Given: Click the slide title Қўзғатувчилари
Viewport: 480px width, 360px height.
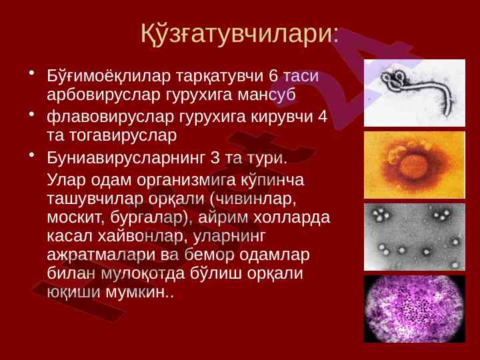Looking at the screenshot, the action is (x=240, y=33).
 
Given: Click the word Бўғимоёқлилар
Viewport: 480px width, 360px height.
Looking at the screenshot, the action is (x=109, y=77).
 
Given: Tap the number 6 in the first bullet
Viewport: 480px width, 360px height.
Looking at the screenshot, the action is (x=273, y=76).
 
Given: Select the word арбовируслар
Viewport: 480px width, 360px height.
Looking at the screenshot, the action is (x=103, y=95).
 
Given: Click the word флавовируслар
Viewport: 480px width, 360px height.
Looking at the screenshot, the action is (x=111, y=117).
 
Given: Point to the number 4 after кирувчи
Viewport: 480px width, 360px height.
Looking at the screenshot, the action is (x=323, y=117).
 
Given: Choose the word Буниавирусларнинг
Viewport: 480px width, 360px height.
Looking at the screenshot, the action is (x=125, y=158).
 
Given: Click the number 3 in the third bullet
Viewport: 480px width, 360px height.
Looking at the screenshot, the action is (x=215, y=158).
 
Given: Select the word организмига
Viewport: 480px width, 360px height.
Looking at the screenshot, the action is (x=186, y=180).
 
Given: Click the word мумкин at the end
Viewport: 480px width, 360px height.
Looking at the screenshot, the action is (x=137, y=293).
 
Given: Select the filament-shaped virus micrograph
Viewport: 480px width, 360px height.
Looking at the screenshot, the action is (x=415, y=93).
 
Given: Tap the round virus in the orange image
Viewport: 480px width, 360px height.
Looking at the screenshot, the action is (x=414, y=167).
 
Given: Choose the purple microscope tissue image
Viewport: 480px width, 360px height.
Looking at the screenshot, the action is (x=415, y=309).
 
